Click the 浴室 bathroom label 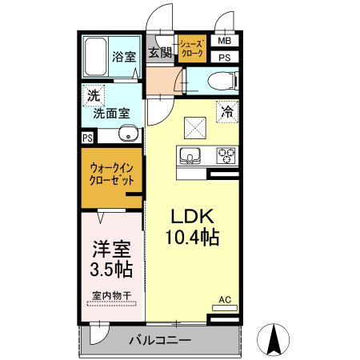point(124,57)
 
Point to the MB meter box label point(224,41)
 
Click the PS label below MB point(224,58)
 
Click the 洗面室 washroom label point(111,114)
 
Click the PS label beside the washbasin point(86,137)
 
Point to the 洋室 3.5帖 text point(108,256)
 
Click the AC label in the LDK point(225,301)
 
